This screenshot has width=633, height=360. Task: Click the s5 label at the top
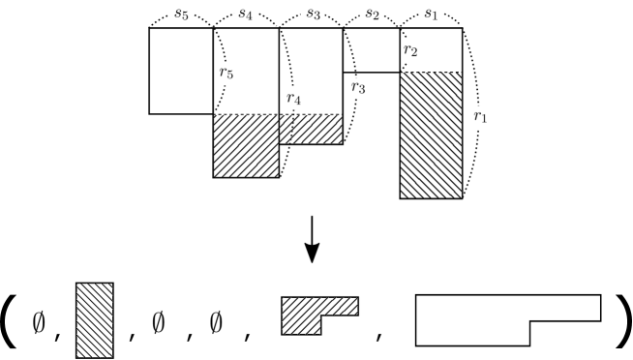181,12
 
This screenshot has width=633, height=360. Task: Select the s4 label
246,13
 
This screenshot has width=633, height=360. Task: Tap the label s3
312,14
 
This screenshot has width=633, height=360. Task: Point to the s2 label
372,14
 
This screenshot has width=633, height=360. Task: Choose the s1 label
432,14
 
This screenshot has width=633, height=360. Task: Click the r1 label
479,118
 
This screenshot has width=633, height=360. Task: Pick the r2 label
415,51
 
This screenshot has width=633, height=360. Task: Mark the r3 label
361,88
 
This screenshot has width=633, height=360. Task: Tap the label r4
293,98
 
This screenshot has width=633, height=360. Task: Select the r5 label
226,74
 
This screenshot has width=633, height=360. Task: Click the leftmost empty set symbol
39,322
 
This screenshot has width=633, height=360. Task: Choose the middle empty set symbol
159,322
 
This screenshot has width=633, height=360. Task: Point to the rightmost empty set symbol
216,322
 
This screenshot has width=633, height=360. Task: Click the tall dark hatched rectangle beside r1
431,135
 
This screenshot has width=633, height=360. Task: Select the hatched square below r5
246,146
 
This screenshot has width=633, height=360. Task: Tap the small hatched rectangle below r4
311,130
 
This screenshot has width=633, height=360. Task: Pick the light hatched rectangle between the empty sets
95,319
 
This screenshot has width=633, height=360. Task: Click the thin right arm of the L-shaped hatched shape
340,306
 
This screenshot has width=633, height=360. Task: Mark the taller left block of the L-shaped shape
301,316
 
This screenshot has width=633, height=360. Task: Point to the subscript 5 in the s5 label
186,15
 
